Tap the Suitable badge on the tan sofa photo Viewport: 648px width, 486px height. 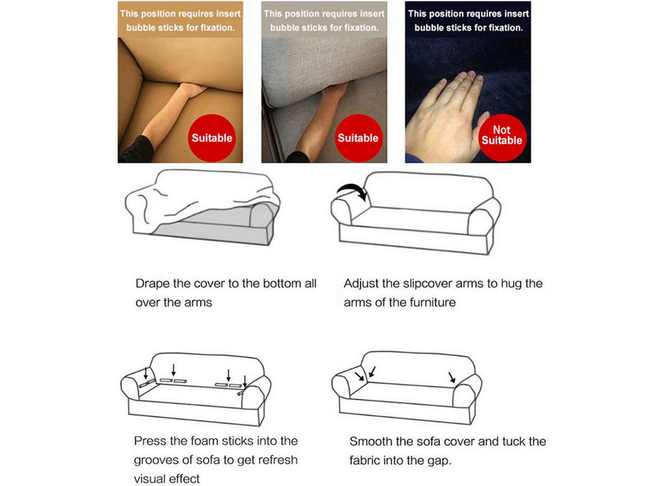pos(212,138)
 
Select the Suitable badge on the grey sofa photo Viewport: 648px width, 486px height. pos(358,138)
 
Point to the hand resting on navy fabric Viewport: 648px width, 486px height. pos(447,116)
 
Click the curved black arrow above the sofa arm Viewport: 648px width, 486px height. pos(352,190)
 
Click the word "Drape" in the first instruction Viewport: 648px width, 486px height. pos(153,284)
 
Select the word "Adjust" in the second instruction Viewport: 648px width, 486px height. pos(360,284)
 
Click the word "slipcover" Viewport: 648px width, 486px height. pos(428,284)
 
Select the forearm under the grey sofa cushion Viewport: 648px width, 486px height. pos(319,120)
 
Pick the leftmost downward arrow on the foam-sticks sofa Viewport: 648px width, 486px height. pos(146,374)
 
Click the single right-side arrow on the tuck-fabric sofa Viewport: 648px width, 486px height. pos(451,377)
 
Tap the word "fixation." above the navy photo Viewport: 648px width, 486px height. pos(506,28)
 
